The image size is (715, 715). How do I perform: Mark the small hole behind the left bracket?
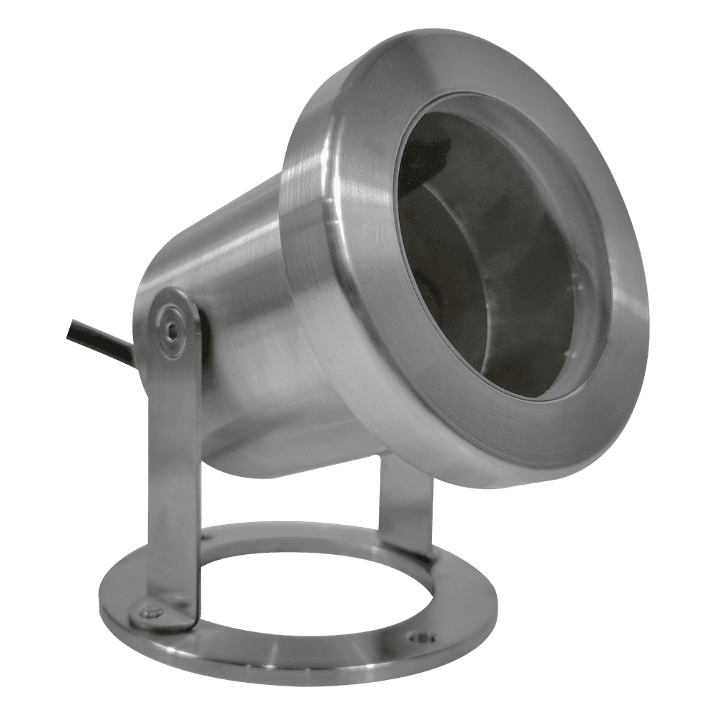coord(206,533)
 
